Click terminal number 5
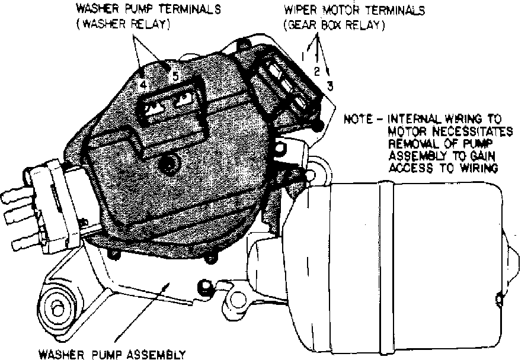175,76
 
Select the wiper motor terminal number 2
316,71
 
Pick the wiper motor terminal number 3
330,85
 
